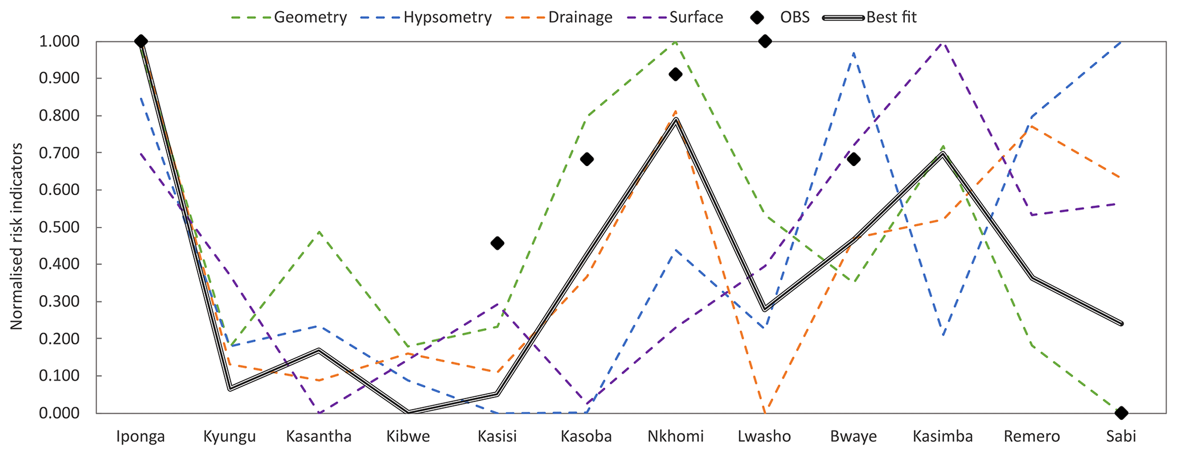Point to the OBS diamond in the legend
pos(757,17)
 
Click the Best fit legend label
pos(891,17)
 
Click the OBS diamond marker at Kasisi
pos(497,243)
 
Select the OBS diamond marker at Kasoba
pos(587,159)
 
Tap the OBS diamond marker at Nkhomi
pos(675,74)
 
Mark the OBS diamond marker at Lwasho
pos(765,41)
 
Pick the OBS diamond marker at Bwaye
pos(854,159)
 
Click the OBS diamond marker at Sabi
pos(1121,412)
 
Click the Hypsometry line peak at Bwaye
pos(854,52)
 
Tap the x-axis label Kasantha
pos(319,437)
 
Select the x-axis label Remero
pos(1032,437)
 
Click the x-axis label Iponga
pos(141,437)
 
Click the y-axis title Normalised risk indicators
pos(17,236)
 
